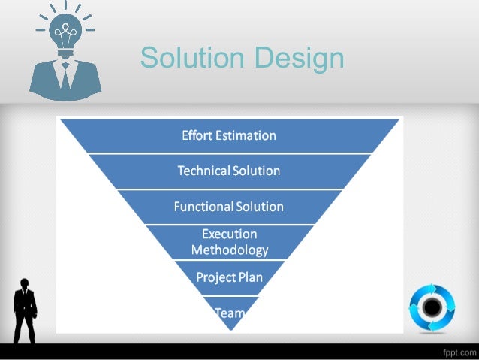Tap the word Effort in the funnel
[x=197, y=136]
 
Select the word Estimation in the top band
[x=246, y=136]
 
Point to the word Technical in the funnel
[x=203, y=171]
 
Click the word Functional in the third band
[x=203, y=207]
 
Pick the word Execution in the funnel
[x=229, y=234]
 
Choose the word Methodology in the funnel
[x=229, y=250]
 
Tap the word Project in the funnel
[x=215, y=277]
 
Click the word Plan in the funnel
[x=252, y=277]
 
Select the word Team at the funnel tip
[x=228, y=313]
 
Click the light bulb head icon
[x=66, y=33]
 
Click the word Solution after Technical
[x=256, y=171]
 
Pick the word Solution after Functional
[x=259, y=207]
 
